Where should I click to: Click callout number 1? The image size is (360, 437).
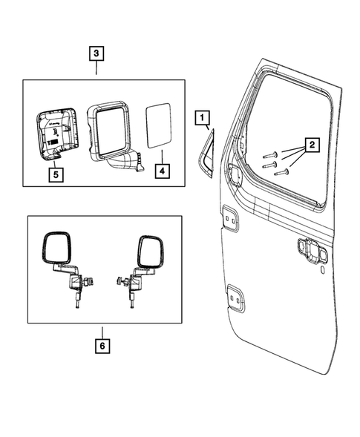[203, 117]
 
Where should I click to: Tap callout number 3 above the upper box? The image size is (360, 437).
[97, 53]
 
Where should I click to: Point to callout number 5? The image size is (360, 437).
[55, 175]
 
